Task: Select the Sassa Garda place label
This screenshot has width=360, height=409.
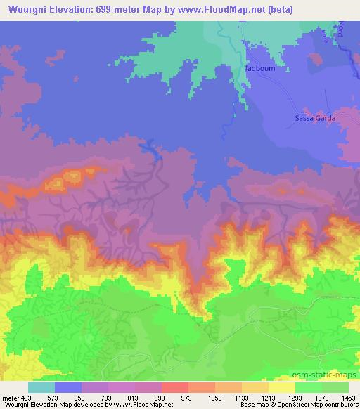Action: tap(313, 118)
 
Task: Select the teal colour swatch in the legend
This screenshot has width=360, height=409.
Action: tap(41, 387)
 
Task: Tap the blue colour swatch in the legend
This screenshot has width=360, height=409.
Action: tap(67, 387)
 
